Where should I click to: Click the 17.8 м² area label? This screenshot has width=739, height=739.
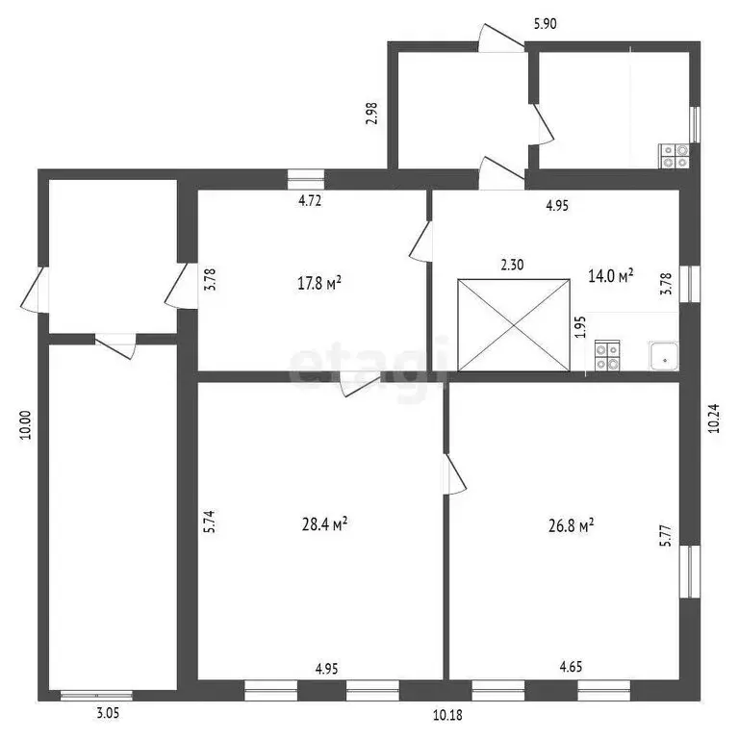click(x=319, y=283)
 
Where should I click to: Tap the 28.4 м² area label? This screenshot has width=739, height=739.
click(x=324, y=523)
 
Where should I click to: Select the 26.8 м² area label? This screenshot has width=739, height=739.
click(x=571, y=525)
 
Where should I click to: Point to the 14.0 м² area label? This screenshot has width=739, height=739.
click(x=610, y=275)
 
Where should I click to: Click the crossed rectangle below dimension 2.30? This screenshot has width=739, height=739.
click(x=514, y=325)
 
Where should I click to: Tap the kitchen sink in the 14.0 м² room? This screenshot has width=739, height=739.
click(x=664, y=356)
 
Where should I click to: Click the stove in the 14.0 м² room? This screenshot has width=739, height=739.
click(x=607, y=356)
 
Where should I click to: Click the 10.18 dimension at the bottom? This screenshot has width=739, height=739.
click(x=447, y=715)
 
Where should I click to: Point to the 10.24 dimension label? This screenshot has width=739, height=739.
click(x=714, y=418)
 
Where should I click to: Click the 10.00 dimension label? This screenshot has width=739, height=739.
click(x=25, y=425)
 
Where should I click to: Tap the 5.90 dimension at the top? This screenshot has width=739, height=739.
click(x=546, y=23)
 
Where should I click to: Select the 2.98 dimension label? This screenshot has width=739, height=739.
click(x=371, y=114)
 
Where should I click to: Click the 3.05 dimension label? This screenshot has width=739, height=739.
click(x=108, y=713)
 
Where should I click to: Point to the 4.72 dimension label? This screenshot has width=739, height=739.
click(x=310, y=201)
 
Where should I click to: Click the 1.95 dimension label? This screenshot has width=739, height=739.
click(x=581, y=326)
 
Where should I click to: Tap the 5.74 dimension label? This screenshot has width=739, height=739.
click(x=209, y=522)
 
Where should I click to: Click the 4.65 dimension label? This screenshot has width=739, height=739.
click(x=571, y=667)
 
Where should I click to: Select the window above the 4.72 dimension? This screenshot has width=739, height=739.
click(x=306, y=180)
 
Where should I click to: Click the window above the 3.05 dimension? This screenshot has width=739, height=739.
click(x=96, y=695)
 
